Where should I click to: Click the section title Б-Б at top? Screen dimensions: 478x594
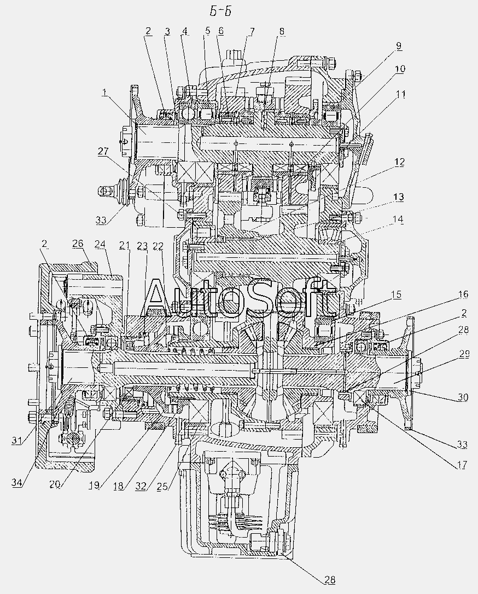220,12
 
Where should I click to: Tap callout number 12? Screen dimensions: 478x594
399,163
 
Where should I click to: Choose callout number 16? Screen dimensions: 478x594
463,295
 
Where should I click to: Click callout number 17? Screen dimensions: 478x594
462,464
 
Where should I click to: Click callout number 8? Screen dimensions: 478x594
282,32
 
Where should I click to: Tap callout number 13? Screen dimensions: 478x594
398,198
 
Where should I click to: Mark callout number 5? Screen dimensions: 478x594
207,32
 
